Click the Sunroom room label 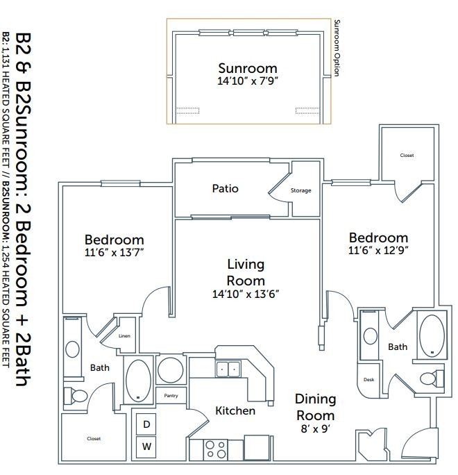(248, 68)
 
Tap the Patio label (226, 188)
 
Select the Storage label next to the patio (301, 190)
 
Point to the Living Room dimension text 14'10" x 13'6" (246, 294)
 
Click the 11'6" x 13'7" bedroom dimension (114, 252)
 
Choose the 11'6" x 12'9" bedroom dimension (378, 250)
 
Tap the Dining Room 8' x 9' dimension (316, 428)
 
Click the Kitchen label (235, 411)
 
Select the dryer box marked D (146, 424)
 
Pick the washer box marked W (146, 447)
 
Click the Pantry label (171, 396)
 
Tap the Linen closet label (124, 336)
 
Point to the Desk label (368, 380)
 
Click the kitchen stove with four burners (216, 449)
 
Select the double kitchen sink (228, 369)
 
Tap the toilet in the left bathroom (76, 395)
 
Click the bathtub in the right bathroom (432, 335)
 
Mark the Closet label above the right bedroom (407, 155)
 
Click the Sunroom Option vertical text (337, 48)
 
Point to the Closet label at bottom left (94, 438)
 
